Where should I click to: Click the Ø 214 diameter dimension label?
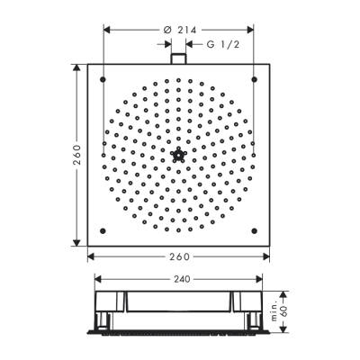click(180, 30)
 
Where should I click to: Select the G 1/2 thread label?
click(223, 44)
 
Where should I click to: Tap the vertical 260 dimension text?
click(77, 155)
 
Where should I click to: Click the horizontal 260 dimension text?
click(179, 256)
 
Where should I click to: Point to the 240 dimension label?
click(182, 279)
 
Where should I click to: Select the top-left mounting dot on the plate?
click(103, 79)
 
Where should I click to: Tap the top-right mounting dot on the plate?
click(255, 79)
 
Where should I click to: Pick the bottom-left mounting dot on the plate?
click(103, 231)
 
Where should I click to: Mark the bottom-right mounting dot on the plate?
click(255, 231)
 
